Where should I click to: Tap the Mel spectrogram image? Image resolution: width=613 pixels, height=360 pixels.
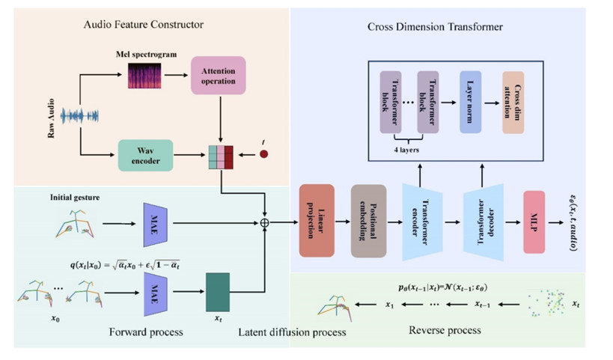(144, 76)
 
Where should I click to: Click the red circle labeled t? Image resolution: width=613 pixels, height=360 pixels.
(263, 154)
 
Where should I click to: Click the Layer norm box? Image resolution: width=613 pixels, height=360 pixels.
(470, 103)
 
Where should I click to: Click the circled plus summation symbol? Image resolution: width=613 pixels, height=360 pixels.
(264, 222)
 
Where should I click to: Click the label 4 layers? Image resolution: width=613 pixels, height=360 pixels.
(407, 149)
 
